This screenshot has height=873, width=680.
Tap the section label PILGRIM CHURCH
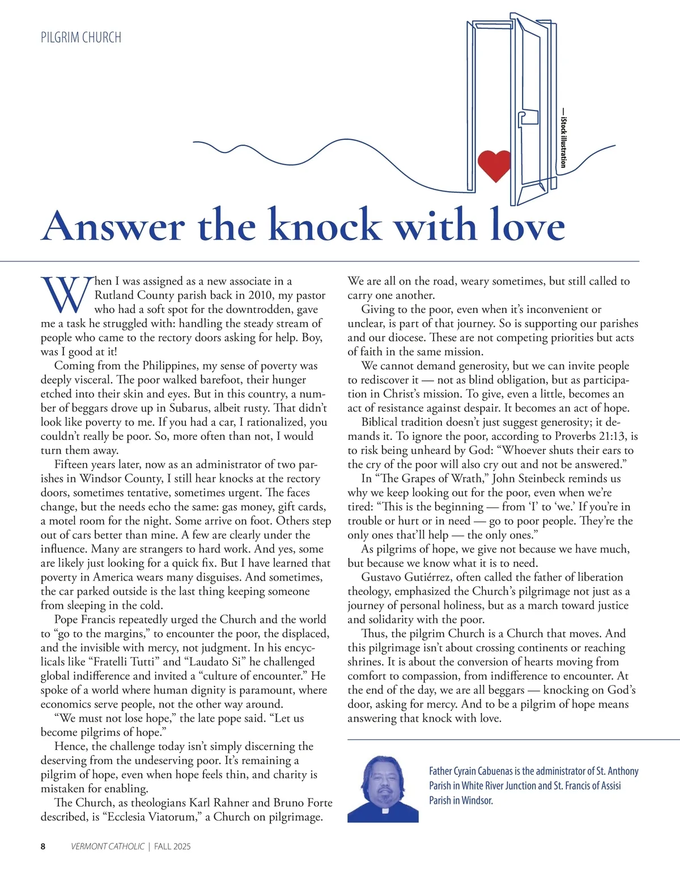[81, 38]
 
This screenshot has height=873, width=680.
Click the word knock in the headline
[324, 226]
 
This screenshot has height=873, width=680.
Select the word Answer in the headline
[113, 226]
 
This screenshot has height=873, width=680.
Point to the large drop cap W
[66, 295]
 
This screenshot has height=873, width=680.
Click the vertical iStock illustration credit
[563, 139]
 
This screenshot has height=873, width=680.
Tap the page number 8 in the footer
[43, 846]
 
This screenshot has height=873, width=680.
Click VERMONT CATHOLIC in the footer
[108, 846]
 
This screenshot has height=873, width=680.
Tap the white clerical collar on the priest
[385, 811]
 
